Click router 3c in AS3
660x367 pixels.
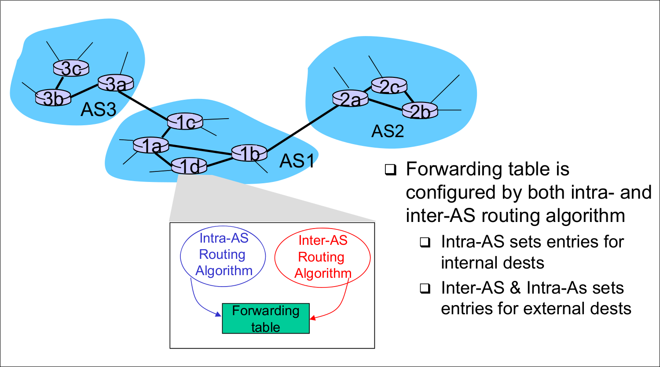point(71,68)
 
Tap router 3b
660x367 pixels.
point(53,98)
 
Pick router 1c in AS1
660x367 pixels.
point(185,122)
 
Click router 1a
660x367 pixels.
point(151,145)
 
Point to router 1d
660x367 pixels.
point(189,166)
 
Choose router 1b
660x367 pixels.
point(249,153)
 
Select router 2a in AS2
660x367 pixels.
point(350,99)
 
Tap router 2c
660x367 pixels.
point(389,86)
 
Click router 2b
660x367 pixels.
point(420,111)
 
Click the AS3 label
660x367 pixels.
point(98,110)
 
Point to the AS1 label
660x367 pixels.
point(297,161)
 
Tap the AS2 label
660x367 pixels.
point(388,131)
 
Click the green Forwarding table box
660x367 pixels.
point(266,319)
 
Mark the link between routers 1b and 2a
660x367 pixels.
point(299,126)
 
